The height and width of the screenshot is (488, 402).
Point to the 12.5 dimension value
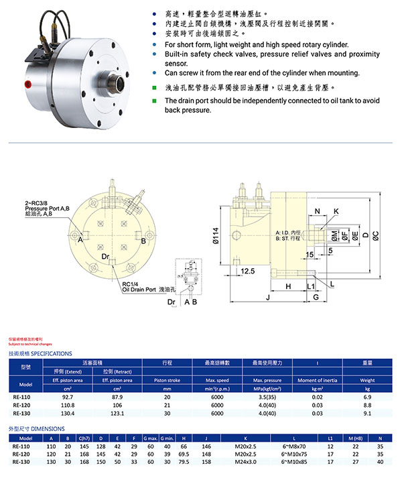(x=247, y=271)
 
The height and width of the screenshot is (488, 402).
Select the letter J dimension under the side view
(x=267, y=296)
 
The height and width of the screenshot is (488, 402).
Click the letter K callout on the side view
(x=336, y=210)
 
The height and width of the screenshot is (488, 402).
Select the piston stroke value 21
(x=167, y=405)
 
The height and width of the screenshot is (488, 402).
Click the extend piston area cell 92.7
(x=68, y=397)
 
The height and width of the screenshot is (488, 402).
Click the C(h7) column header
(x=84, y=437)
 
